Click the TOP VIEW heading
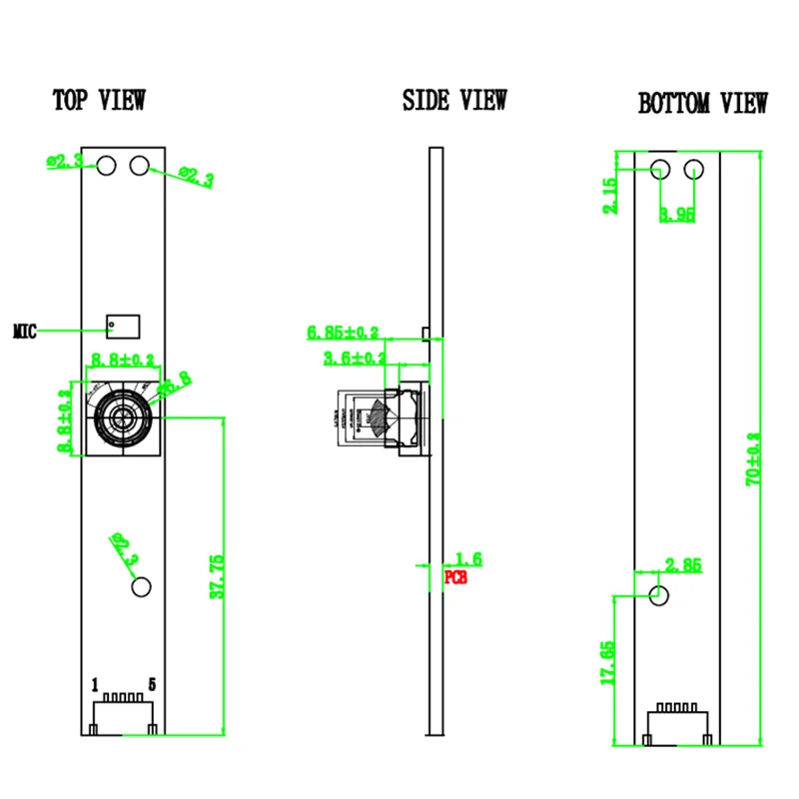[x=99, y=100]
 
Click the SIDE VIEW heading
[x=454, y=100]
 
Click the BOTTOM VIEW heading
[x=703, y=103]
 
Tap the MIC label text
[x=25, y=331]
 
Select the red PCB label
[x=454, y=577]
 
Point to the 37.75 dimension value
[x=217, y=577]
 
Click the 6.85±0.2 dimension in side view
[x=344, y=332]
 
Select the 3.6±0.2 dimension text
[x=355, y=358]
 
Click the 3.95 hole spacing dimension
[x=677, y=214]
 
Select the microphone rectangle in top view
[x=124, y=326]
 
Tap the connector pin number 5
[x=152, y=685]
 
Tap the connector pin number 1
[x=95, y=685]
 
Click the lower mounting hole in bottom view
[x=659, y=595]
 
